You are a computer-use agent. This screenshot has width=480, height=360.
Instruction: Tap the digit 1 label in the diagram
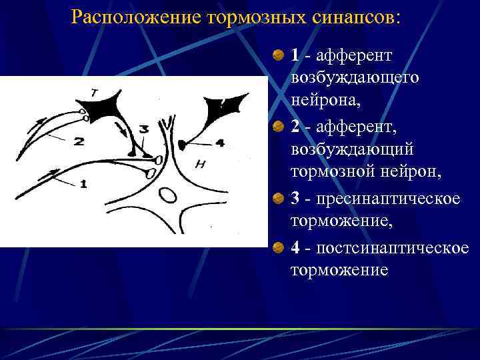pos(83,185)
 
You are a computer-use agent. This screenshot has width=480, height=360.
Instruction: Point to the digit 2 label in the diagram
pos(79,141)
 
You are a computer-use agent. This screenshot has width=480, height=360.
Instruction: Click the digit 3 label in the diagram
pos(144,128)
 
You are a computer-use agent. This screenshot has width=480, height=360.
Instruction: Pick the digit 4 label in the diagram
pos(221,142)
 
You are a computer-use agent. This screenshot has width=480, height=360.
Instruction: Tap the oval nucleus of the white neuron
pos(167,195)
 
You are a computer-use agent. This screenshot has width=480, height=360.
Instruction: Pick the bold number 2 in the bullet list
pos(295,126)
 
